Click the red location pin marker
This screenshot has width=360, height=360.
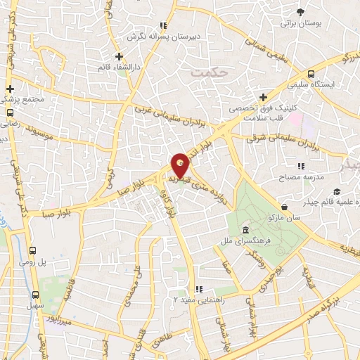pyautogui.click(x=181, y=165)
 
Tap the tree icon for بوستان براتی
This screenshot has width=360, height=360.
pyautogui.click(x=301, y=12)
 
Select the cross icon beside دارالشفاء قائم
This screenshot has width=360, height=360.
pyautogui.click(x=120, y=56)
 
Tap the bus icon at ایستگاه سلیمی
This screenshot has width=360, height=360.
pyautogui.click(x=311, y=75)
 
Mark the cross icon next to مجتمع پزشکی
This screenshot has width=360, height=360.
pyautogui.click(x=10, y=89)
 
